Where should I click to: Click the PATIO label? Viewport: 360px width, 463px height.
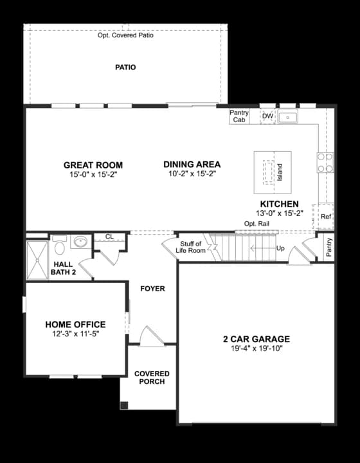125,67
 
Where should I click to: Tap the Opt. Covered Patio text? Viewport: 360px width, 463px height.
125,35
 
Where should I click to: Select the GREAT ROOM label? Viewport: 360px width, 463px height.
93,165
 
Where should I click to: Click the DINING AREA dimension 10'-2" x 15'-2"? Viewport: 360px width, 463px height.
192,174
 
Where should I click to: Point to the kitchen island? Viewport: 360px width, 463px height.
273,172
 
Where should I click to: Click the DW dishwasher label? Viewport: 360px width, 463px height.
267,116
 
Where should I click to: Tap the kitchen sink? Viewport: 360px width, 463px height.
288,118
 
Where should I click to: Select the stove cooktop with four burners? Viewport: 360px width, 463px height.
325,163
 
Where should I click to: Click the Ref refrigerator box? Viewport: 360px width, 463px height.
325,217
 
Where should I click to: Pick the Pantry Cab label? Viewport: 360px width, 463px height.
239,116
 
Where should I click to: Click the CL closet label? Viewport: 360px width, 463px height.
109,237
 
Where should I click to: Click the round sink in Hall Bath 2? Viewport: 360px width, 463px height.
80,242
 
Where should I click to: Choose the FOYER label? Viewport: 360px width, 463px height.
152,289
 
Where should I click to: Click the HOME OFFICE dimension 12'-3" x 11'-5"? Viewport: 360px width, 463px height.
75,334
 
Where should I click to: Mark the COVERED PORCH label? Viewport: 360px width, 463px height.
152,377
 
